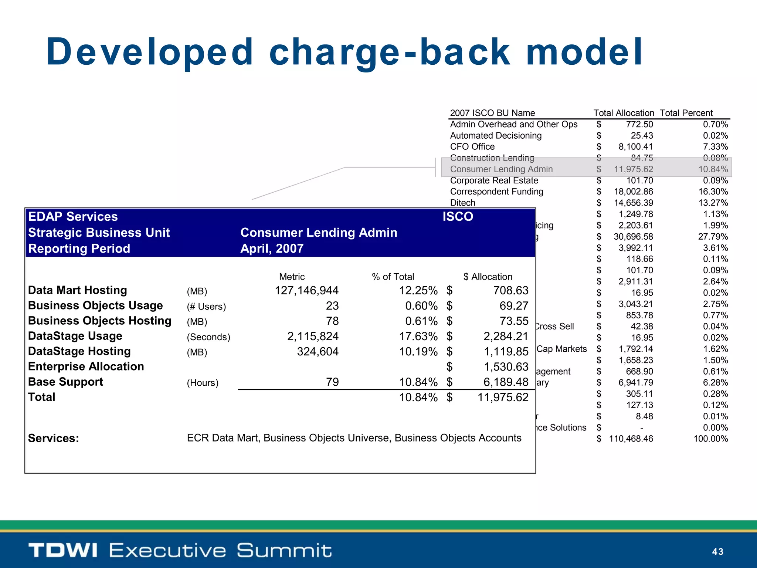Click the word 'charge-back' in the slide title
tap(390, 53)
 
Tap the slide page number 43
tap(717, 552)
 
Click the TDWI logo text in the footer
tap(63, 550)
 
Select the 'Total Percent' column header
tap(686, 113)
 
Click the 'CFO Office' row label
tap(472, 147)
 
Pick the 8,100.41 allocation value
tap(636, 147)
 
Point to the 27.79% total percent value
tap(713, 237)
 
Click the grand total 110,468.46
tap(631, 439)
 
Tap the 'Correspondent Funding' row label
tap(496, 192)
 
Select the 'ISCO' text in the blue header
tap(458, 217)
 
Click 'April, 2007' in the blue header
tap(272, 248)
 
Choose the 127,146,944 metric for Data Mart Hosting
tap(306, 291)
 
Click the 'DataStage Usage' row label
tap(75, 336)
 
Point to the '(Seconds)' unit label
tap(208, 337)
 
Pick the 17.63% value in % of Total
tap(418, 337)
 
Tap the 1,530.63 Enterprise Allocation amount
tap(506, 367)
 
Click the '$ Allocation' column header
tap(488, 277)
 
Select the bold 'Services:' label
tap(54, 438)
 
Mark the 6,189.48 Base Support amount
tap(506, 382)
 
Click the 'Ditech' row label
tap(462, 203)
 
